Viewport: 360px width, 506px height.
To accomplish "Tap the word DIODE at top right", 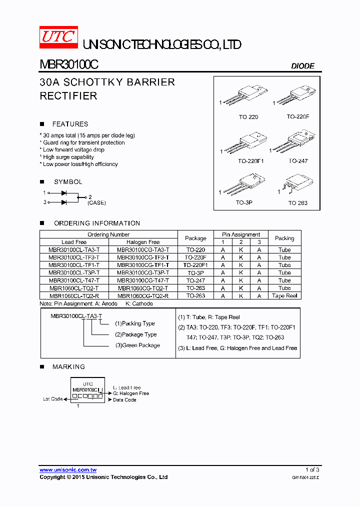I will pos(302,66).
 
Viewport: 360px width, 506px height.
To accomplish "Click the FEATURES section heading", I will pos(70,124).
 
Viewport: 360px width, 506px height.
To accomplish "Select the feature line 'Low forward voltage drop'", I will pos(73,149).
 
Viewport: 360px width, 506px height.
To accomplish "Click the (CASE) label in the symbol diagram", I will pos(96,202).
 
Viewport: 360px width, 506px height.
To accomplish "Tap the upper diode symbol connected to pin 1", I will pos(64,192).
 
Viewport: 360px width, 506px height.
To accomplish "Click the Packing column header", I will pos(284,238).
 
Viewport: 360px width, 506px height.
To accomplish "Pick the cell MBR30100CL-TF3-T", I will pos(74,257).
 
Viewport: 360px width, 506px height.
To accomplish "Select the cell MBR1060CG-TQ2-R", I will pos(143,295).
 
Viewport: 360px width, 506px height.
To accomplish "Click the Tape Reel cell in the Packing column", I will pos(284,295).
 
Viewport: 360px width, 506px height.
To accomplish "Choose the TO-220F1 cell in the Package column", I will pos(195,265).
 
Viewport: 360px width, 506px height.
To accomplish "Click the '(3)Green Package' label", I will pos(137,345).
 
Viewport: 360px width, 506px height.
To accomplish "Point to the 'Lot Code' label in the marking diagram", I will pos(53,399).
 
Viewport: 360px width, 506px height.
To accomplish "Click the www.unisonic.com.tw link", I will pos(68,470).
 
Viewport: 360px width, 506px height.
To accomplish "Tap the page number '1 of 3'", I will pos(312,469).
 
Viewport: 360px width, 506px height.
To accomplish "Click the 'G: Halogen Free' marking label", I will pos(131,393).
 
